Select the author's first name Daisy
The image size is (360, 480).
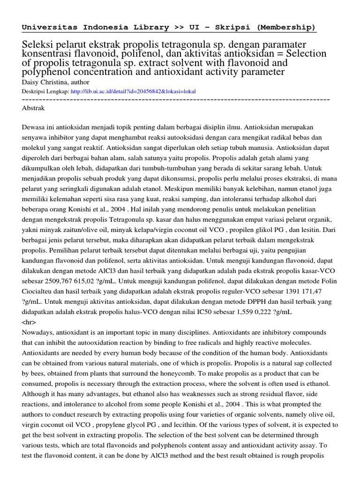click(32, 82)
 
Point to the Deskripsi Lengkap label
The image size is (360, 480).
click(45, 91)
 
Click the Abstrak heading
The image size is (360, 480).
click(33, 108)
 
